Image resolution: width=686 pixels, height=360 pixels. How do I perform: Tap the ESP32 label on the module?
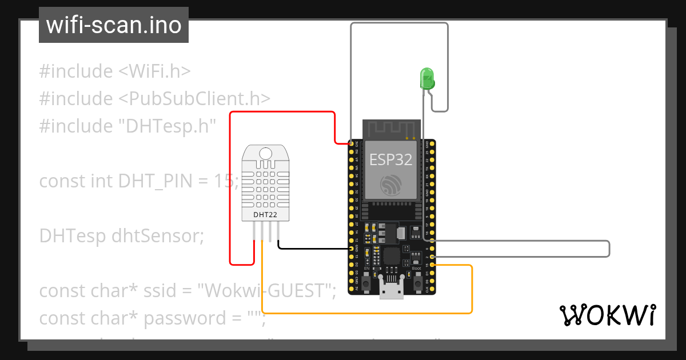pos(391,159)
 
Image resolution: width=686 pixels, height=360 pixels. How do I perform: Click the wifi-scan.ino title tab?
pos(114,25)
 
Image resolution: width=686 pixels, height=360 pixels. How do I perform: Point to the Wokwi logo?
pos(607,315)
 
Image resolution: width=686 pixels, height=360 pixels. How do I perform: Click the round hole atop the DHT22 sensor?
pos(266,153)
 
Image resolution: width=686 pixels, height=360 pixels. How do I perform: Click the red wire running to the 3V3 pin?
pos(286,112)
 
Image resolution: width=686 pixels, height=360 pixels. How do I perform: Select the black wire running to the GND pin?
pos(314,249)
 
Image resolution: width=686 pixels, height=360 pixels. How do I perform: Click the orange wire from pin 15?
pos(366,313)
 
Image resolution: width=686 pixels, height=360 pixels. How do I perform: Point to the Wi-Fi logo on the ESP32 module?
pos(392,185)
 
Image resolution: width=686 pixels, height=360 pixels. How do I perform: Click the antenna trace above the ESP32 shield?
pos(392,129)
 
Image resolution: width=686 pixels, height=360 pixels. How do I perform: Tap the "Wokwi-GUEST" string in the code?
pos(266,290)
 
